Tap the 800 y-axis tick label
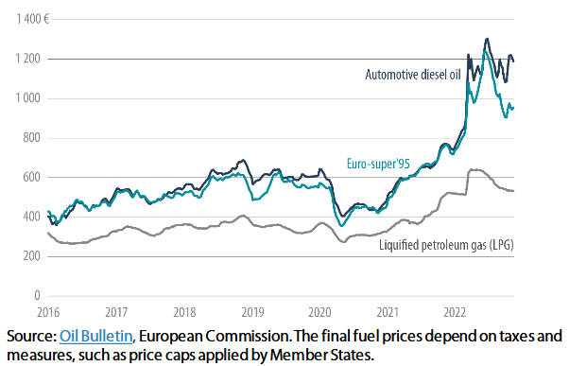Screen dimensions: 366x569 click(x=29, y=138)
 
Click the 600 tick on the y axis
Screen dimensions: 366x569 click(x=29, y=178)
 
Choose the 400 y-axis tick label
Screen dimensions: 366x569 click(x=29, y=217)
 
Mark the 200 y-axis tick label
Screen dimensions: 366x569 click(x=29, y=256)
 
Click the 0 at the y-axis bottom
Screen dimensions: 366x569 click(x=36, y=296)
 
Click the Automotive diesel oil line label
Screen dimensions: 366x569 click(x=413, y=75)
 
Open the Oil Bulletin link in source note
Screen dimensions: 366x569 click(x=95, y=336)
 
